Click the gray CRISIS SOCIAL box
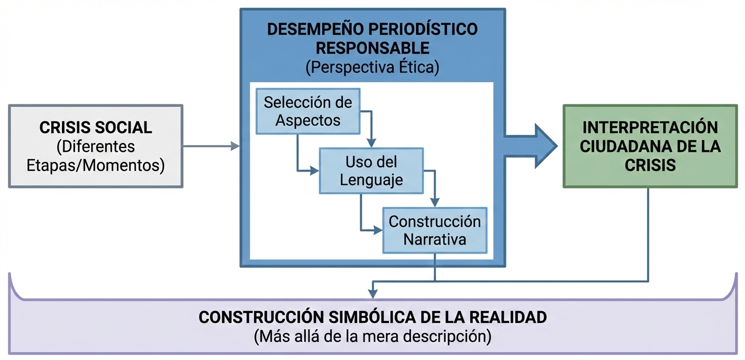point(96,146)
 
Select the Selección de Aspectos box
point(308,111)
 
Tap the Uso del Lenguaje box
point(371,170)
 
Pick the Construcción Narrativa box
point(434,230)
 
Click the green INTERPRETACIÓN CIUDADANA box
point(650,146)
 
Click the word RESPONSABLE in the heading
point(373,48)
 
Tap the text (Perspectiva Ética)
point(373,67)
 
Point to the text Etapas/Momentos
point(96,165)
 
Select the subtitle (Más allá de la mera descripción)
point(373,336)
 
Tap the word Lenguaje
point(371,180)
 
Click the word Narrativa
point(434,240)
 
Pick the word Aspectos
point(308,120)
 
